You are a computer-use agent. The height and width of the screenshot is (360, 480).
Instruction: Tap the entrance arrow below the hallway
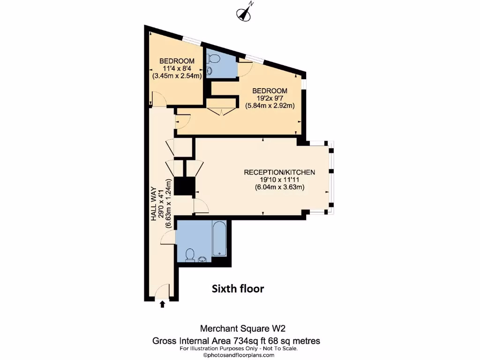click(163, 304)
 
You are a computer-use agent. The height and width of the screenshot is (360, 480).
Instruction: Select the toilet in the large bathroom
click(190, 254)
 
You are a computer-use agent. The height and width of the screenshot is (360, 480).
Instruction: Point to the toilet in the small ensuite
click(213, 59)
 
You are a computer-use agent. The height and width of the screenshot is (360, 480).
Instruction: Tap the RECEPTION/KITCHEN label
click(279, 172)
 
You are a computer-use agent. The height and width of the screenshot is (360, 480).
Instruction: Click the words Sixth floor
click(238, 288)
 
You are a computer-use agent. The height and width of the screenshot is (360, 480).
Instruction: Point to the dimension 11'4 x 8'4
click(177, 68)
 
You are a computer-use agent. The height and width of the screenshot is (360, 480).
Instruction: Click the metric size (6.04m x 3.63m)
click(279, 187)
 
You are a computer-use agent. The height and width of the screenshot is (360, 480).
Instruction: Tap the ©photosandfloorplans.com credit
click(238, 355)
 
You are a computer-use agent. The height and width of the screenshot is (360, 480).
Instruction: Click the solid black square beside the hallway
click(184, 187)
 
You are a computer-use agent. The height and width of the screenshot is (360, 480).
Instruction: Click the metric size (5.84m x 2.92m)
click(270, 106)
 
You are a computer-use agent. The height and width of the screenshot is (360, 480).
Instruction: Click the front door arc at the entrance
click(162, 291)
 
